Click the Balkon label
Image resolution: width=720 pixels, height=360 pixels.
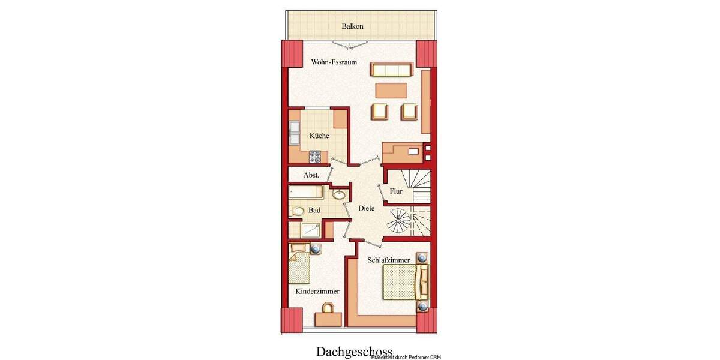coord(353,26)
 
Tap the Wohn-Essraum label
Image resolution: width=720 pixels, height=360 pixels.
coord(334,62)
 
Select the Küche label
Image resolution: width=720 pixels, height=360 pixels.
coord(319,136)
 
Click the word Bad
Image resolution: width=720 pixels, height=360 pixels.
coord(314,211)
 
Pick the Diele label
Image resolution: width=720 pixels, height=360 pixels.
coord(366,208)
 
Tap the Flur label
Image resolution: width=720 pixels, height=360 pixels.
coord(396,191)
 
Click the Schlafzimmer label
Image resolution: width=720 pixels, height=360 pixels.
coord(389,260)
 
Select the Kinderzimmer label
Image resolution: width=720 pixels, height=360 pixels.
coord(317,292)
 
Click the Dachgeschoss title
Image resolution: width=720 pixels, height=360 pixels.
coord(354,351)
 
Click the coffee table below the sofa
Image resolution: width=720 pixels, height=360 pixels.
coord(391,90)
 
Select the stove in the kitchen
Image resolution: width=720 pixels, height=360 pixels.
coord(316,158)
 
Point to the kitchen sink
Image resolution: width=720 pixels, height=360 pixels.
coord(295,133)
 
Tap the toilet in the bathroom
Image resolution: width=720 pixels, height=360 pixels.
coord(298,211)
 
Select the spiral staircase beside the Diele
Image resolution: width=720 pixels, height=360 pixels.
coord(398,222)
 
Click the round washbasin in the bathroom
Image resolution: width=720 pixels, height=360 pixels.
coord(338,194)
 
